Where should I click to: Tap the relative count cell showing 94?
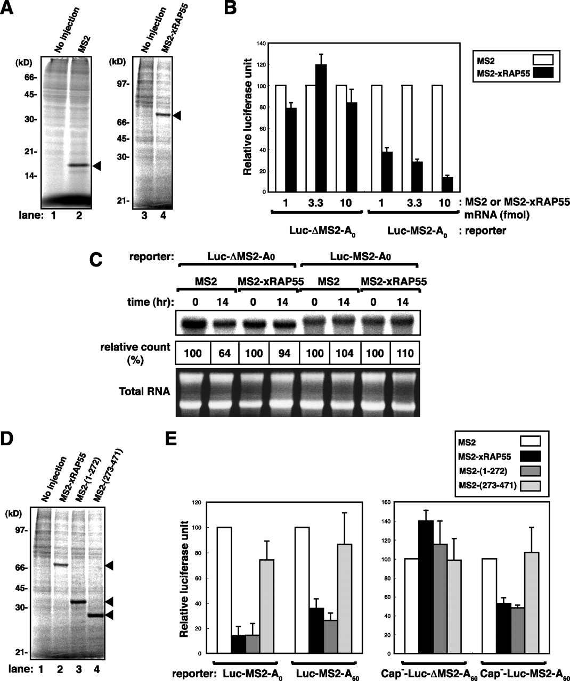(x=283, y=353)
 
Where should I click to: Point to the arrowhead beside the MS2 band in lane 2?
(x=96, y=167)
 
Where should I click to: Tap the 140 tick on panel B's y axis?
(x=261, y=43)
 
